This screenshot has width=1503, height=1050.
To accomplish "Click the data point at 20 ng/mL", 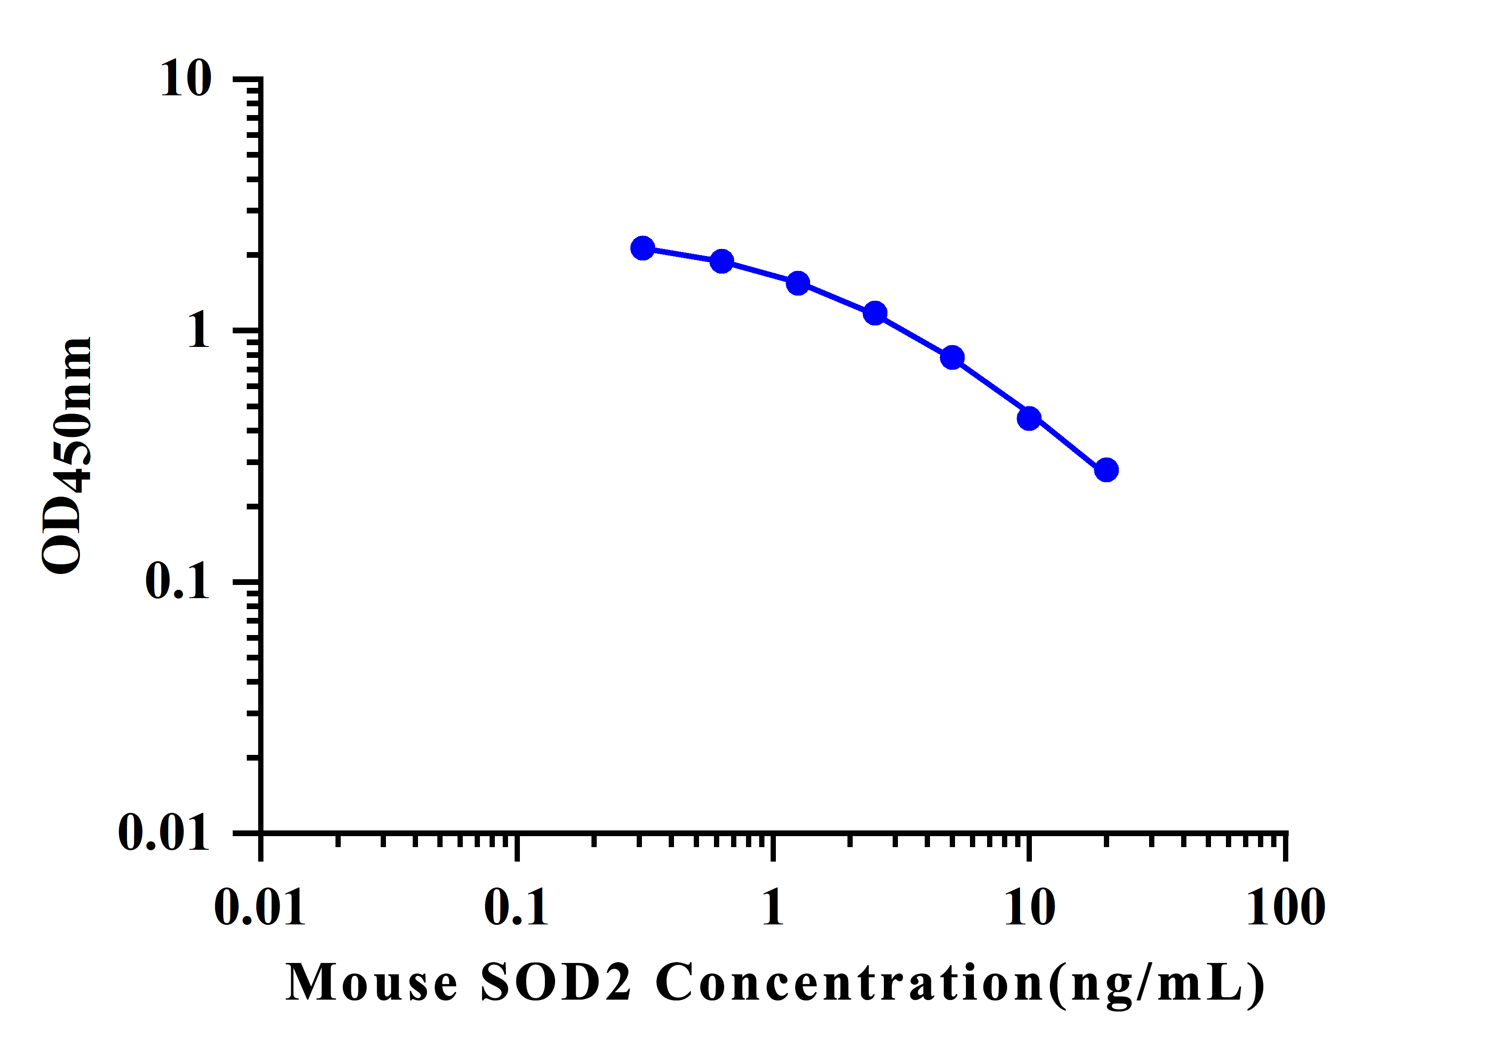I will (1106, 469).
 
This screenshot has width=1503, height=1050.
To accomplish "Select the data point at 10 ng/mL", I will (1029, 418).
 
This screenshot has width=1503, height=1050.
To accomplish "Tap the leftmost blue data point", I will (643, 248).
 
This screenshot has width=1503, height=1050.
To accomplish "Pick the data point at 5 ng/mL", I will (952, 357).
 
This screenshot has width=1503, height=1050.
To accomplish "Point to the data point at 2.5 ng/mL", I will (875, 313).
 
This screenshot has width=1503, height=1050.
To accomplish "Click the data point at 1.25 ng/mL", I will (797, 283).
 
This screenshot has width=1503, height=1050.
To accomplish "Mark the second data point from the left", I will (721, 261).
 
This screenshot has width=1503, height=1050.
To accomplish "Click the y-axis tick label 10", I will (186, 79).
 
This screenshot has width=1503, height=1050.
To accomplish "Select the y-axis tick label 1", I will (199, 331).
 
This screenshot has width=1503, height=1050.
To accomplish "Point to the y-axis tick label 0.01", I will (164, 833).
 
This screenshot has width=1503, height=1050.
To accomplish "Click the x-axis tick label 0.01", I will (260, 908).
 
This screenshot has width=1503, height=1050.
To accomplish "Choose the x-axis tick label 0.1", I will (516, 908).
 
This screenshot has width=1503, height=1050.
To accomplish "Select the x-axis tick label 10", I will (1029, 908).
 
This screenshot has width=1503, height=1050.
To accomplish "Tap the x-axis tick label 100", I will (1286, 908).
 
